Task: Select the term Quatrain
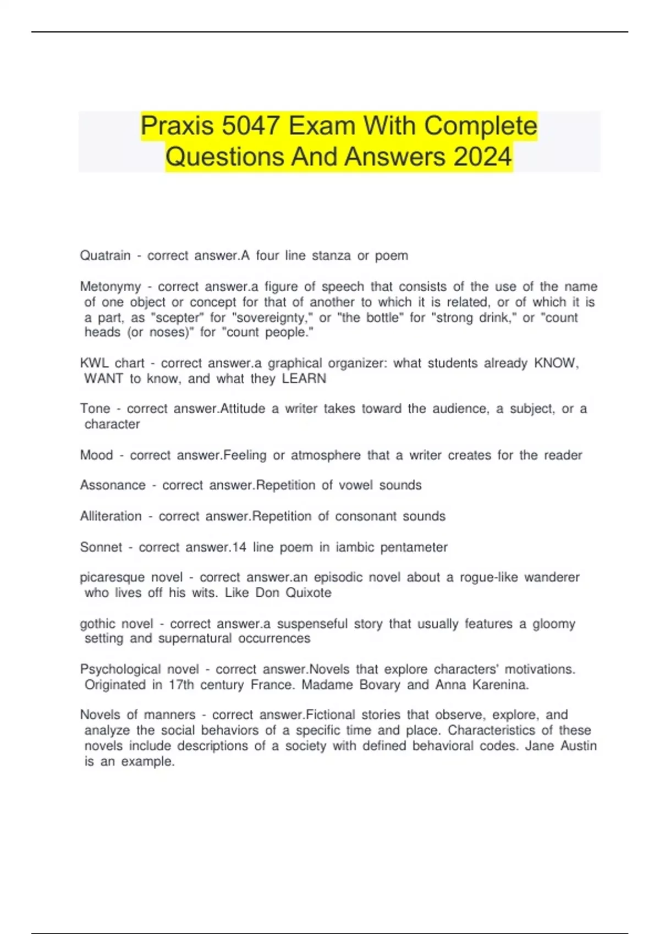point(105,256)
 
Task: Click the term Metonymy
point(110,287)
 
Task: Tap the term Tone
point(95,409)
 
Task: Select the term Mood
point(96,455)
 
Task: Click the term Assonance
point(113,485)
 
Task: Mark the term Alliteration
point(111,516)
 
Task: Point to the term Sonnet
point(101,547)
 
